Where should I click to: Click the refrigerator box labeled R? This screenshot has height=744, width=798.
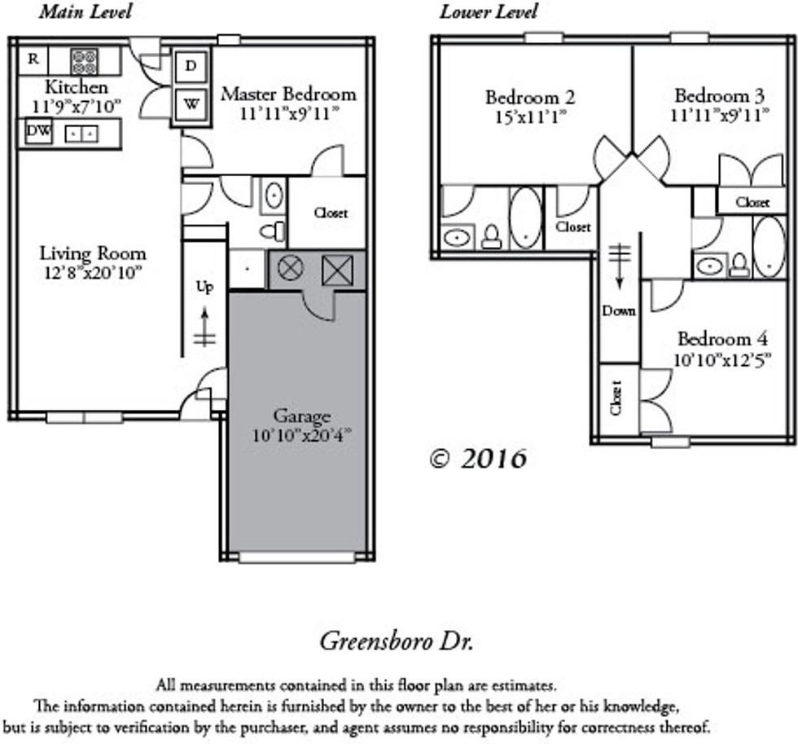coord(33,60)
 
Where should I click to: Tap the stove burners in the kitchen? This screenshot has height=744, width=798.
coord(84,61)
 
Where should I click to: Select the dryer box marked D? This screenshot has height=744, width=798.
coord(191,66)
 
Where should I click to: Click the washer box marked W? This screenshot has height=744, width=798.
coord(191,104)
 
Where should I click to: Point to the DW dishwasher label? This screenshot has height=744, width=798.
coord(38,131)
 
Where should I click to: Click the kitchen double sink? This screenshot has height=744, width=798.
coord(81,134)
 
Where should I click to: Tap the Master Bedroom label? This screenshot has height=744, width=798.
coord(288,95)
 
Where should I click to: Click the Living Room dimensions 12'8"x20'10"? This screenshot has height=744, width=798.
coord(93,274)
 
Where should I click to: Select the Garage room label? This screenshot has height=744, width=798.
coord(302,416)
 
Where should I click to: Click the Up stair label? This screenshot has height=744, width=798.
coord(204,287)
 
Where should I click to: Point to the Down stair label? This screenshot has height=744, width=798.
coord(619,310)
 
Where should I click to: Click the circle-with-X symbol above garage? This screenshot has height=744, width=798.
coord(290,267)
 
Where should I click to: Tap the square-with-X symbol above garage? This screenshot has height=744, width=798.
coord(337,270)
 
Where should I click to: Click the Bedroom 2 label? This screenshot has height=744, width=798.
coord(530,97)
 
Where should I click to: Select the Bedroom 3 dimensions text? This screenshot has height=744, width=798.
coord(720,115)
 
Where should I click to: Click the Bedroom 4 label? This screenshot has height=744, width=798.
coord(723,339)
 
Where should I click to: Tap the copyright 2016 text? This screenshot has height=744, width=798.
coord(477,459)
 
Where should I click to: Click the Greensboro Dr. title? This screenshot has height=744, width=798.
coord(397,641)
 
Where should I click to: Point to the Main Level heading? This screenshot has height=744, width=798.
coord(85,11)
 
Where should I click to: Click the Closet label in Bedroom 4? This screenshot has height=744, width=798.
coord(616,397)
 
